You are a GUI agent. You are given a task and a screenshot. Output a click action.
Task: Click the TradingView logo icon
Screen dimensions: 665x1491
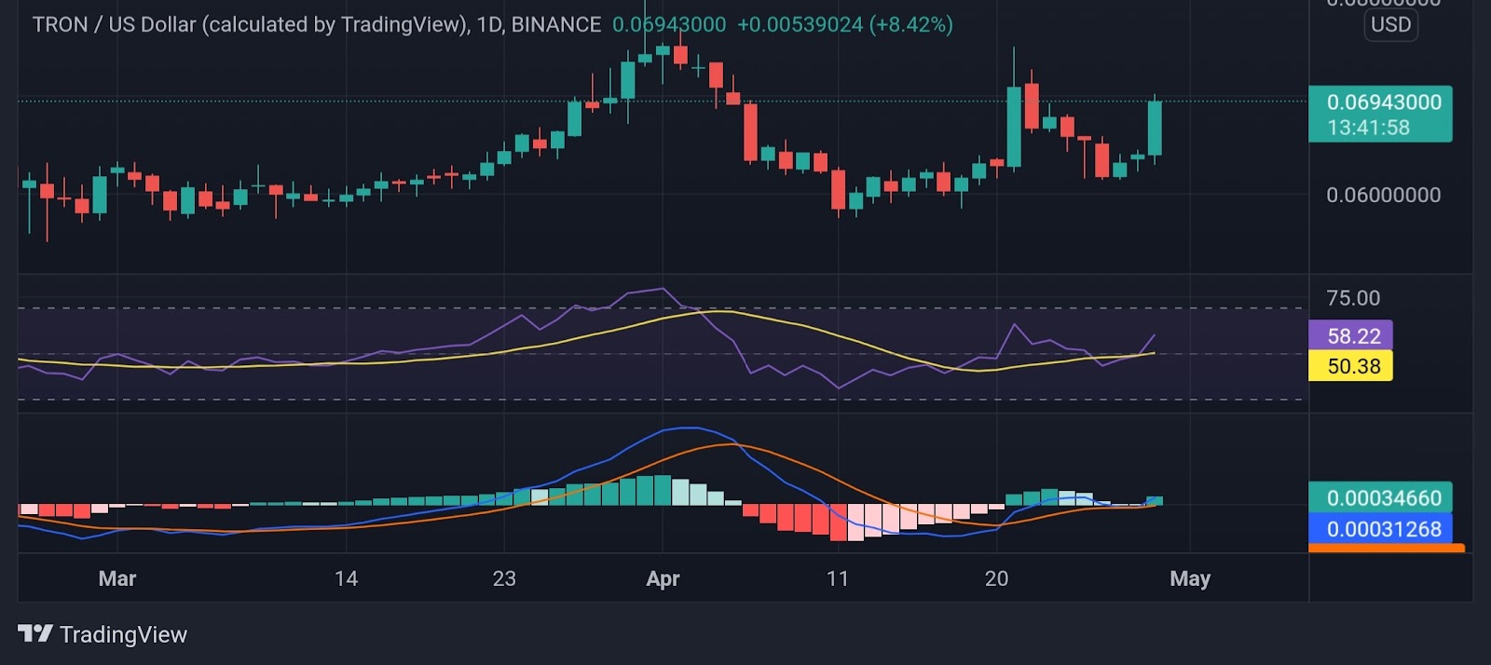coord(34,634)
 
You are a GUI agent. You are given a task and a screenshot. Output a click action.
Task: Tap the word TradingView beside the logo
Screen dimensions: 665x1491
coord(123,635)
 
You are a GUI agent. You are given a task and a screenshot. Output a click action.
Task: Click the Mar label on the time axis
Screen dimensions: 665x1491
coord(117,578)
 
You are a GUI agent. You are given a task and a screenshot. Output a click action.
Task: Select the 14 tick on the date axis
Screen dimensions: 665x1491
coord(346,578)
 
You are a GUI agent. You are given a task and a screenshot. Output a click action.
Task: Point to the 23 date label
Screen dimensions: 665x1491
coord(504,578)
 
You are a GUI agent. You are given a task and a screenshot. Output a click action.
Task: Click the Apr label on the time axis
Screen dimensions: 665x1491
coord(663,578)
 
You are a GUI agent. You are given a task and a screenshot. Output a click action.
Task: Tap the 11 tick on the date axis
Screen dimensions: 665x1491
coord(838,578)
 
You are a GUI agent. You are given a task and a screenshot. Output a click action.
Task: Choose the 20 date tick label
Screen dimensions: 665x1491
coord(996,578)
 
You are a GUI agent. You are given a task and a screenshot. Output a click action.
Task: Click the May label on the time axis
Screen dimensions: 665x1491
coord(1190,578)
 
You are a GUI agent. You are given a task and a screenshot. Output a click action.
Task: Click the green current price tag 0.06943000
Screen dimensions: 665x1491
coord(1383,102)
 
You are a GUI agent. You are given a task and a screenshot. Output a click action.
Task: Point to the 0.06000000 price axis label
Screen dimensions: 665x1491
coord(1383,195)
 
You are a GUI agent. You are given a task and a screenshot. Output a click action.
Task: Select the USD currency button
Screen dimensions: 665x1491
coord(1390,25)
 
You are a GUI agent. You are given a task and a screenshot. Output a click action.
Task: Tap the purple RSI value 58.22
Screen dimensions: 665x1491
coord(1353,335)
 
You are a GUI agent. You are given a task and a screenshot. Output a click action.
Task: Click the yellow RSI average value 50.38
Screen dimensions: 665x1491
coord(1353,366)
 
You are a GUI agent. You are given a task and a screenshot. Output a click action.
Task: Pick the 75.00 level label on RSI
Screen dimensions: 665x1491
coord(1353,298)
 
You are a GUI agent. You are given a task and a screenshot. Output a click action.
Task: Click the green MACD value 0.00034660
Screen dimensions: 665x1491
coord(1383,498)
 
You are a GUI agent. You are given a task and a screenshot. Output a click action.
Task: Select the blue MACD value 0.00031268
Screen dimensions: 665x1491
coord(1383,529)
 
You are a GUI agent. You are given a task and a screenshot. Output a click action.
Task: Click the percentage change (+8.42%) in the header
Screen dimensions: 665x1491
coord(910,25)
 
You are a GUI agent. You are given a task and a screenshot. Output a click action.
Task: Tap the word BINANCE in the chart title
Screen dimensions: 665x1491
coord(556,25)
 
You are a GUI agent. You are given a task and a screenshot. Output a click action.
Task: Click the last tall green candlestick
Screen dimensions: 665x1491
coord(1156,128)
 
